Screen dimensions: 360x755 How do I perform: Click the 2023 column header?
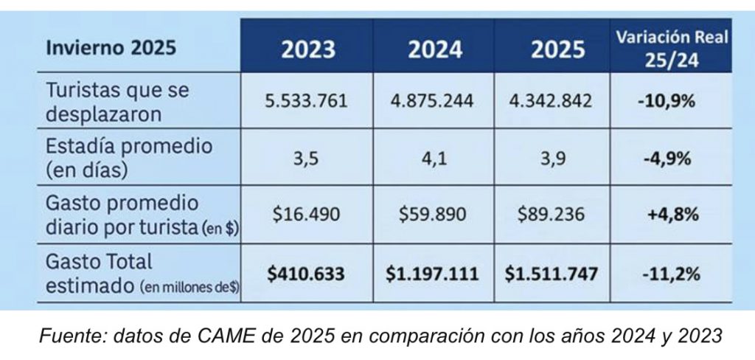(x=307, y=49)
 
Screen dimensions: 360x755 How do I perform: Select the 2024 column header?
(x=435, y=49)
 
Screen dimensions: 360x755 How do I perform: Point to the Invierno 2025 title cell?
(x=111, y=49)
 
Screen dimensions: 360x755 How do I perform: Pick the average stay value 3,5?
(x=307, y=157)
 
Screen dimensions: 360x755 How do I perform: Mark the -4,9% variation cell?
(x=667, y=157)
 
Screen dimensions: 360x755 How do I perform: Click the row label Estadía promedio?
(x=129, y=146)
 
